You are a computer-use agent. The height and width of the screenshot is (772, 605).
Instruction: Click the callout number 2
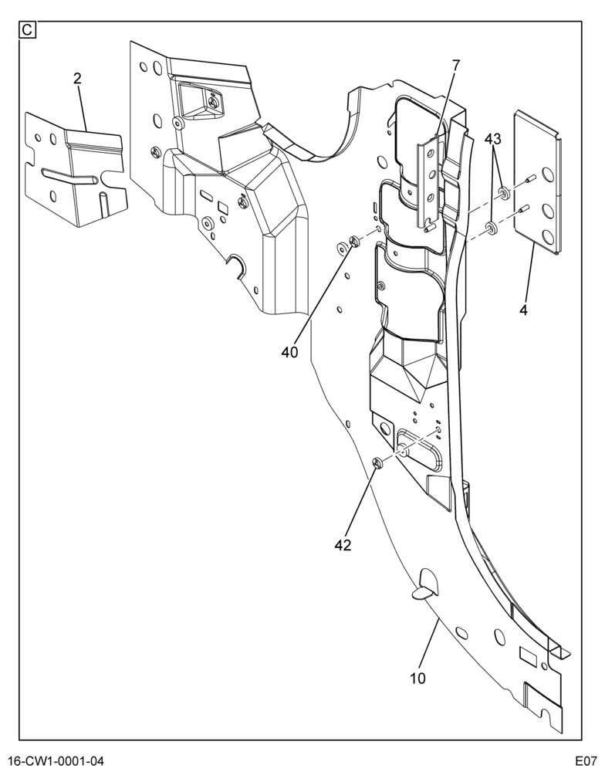77,79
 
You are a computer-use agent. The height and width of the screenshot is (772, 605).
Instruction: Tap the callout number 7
455,65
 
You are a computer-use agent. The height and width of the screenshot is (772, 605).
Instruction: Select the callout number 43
492,139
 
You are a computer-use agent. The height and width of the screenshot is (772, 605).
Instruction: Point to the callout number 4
523,310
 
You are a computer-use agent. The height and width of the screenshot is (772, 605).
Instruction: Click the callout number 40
290,352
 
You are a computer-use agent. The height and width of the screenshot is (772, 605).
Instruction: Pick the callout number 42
343,545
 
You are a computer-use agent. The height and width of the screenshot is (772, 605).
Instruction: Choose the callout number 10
417,679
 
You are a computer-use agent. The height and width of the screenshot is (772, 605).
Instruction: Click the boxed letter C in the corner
26,30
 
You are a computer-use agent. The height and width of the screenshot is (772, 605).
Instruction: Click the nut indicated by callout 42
378,462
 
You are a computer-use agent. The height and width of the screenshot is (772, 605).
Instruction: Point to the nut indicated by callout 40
354,241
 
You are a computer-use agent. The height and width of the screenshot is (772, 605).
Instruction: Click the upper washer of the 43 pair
504,192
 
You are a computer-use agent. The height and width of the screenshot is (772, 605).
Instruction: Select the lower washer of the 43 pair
491,229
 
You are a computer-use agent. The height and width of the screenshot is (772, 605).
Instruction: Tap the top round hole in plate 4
548,174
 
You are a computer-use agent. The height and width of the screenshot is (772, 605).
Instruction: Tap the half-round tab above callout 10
425,584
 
